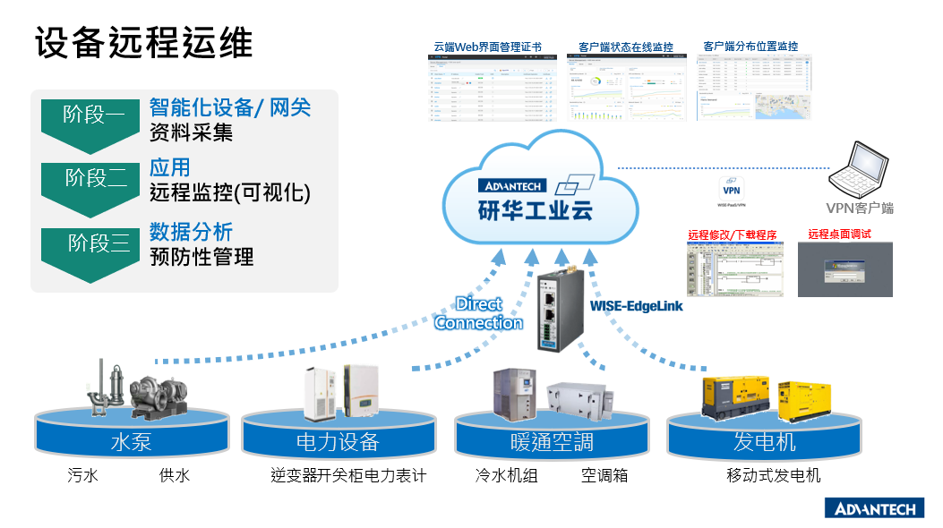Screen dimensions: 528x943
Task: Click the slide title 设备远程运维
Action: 144,44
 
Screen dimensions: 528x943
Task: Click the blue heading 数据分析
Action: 191,232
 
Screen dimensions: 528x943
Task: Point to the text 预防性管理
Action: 201,258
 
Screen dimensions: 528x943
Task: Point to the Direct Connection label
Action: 479,313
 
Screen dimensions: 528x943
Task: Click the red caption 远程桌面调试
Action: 839,234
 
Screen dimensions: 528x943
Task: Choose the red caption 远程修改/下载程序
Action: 732,235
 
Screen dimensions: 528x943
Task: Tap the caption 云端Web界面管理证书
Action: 493,47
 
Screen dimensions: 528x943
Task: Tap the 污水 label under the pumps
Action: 82,475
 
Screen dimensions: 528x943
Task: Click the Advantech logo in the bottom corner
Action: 875,508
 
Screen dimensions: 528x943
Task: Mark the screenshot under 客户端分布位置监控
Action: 754,87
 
